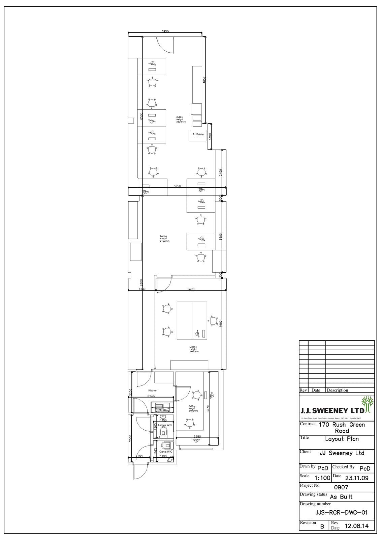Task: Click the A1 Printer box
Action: [x=198, y=135]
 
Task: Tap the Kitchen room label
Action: [x=153, y=390]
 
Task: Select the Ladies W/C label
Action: [x=165, y=425]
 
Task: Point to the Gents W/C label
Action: [x=166, y=452]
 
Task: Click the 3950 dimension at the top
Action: [x=165, y=31]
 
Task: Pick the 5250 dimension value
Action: [x=177, y=186]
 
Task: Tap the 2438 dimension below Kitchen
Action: [x=151, y=396]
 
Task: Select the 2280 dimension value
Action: [x=197, y=437]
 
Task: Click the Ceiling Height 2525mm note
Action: [x=181, y=119]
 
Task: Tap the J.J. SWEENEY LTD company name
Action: [x=332, y=411]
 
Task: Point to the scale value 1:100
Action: [x=322, y=478]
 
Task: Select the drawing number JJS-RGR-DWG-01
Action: [x=341, y=512]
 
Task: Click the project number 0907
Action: [x=341, y=487]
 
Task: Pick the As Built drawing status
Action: [x=341, y=497]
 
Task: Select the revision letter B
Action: [x=322, y=526]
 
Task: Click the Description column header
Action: [x=337, y=390]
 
